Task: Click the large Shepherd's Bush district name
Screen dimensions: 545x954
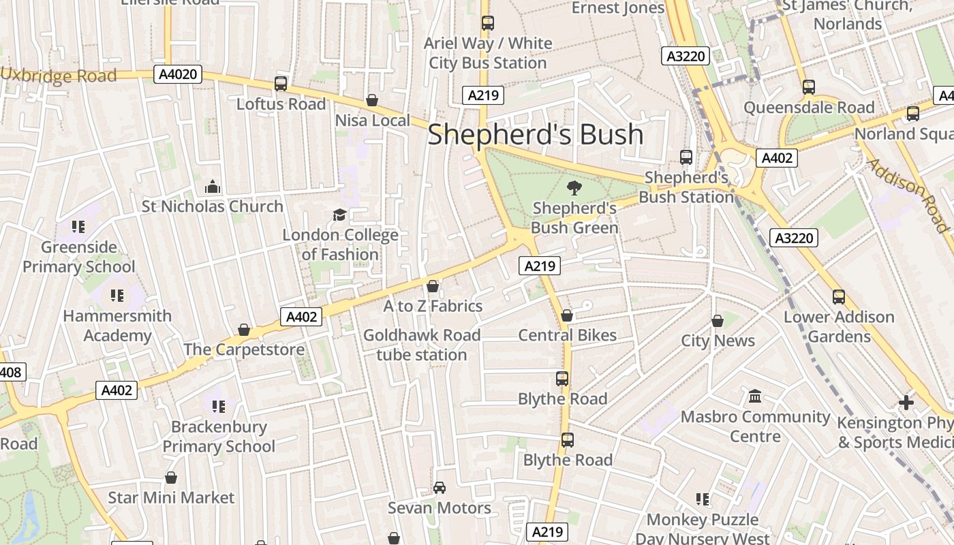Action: click(x=535, y=134)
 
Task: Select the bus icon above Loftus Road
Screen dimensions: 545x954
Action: click(x=281, y=84)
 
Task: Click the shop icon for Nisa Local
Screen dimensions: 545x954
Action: click(x=372, y=101)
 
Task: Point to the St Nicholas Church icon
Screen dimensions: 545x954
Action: click(x=213, y=187)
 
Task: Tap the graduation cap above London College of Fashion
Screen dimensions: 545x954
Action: click(x=339, y=215)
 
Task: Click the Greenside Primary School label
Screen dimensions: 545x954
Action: click(x=79, y=257)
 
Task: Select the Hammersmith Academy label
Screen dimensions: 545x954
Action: click(x=117, y=326)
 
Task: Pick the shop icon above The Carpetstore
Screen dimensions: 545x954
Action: click(x=244, y=330)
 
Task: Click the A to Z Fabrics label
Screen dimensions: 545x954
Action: click(x=433, y=306)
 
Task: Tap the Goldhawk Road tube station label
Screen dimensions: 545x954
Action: click(x=422, y=345)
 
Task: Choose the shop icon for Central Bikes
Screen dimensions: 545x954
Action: click(x=567, y=315)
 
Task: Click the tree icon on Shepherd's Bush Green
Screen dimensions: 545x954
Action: click(x=574, y=187)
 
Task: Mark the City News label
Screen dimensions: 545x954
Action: click(x=718, y=341)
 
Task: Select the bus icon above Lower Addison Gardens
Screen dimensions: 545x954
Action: click(x=838, y=297)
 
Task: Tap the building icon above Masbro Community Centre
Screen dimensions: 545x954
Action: click(x=755, y=396)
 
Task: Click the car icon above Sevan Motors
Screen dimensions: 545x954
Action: click(x=440, y=488)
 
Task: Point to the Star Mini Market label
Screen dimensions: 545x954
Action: click(x=171, y=497)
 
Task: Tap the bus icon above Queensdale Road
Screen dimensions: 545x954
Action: click(x=809, y=87)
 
